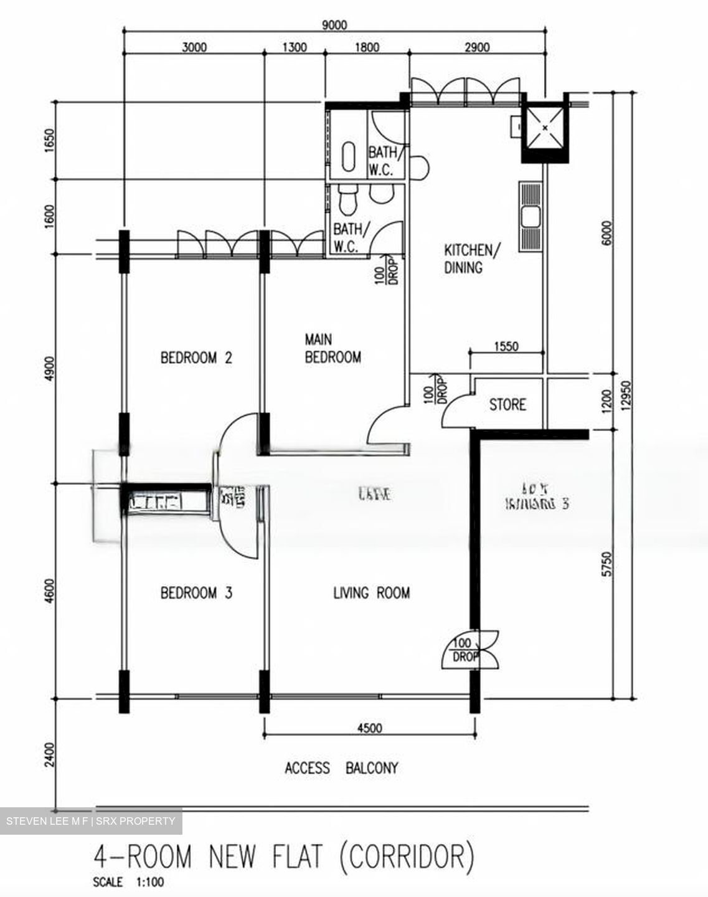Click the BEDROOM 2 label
tap(196, 358)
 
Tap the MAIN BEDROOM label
tap(332, 348)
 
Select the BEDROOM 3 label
tap(196, 592)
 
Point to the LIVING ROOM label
tap(372, 592)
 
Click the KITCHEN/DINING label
tap(471, 259)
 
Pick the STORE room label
tap(507, 405)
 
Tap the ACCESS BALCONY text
tap(341, 768)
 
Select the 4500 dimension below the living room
tap(370, 728)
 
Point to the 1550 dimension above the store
tap(506, 346)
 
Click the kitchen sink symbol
tap(531, 216)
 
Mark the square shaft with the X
tap(545, 128)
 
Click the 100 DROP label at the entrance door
tap(464, 650)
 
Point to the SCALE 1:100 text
tap(129, 883)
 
